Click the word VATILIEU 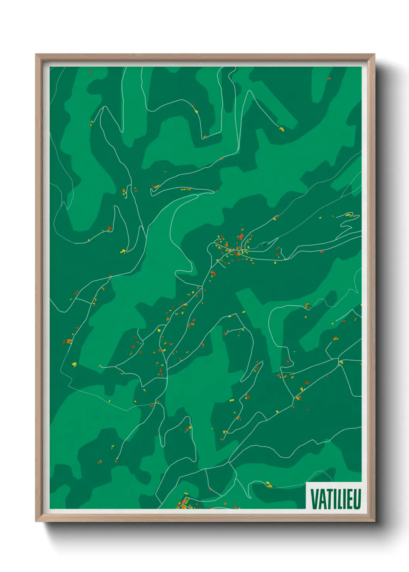335,499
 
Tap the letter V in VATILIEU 314,499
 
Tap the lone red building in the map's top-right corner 329,78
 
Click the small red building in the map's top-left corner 90,71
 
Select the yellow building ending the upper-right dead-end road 282,129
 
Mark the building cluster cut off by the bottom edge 184,504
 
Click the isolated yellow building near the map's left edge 74,364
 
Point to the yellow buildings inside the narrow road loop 123,251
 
